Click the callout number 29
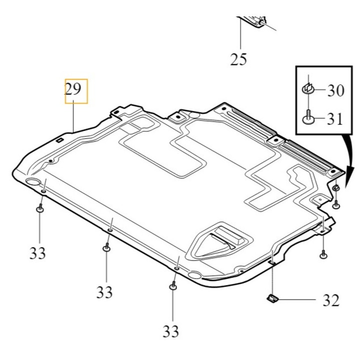coord(73,89)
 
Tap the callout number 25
coord(238,59)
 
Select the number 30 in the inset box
coord(335,90)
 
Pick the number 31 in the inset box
coord(334,119)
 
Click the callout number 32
coord(331,300)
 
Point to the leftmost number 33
coord(37,253)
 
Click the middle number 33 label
coord(104,292)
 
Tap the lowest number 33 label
coord(171,331)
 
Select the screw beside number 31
coord(308,117)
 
